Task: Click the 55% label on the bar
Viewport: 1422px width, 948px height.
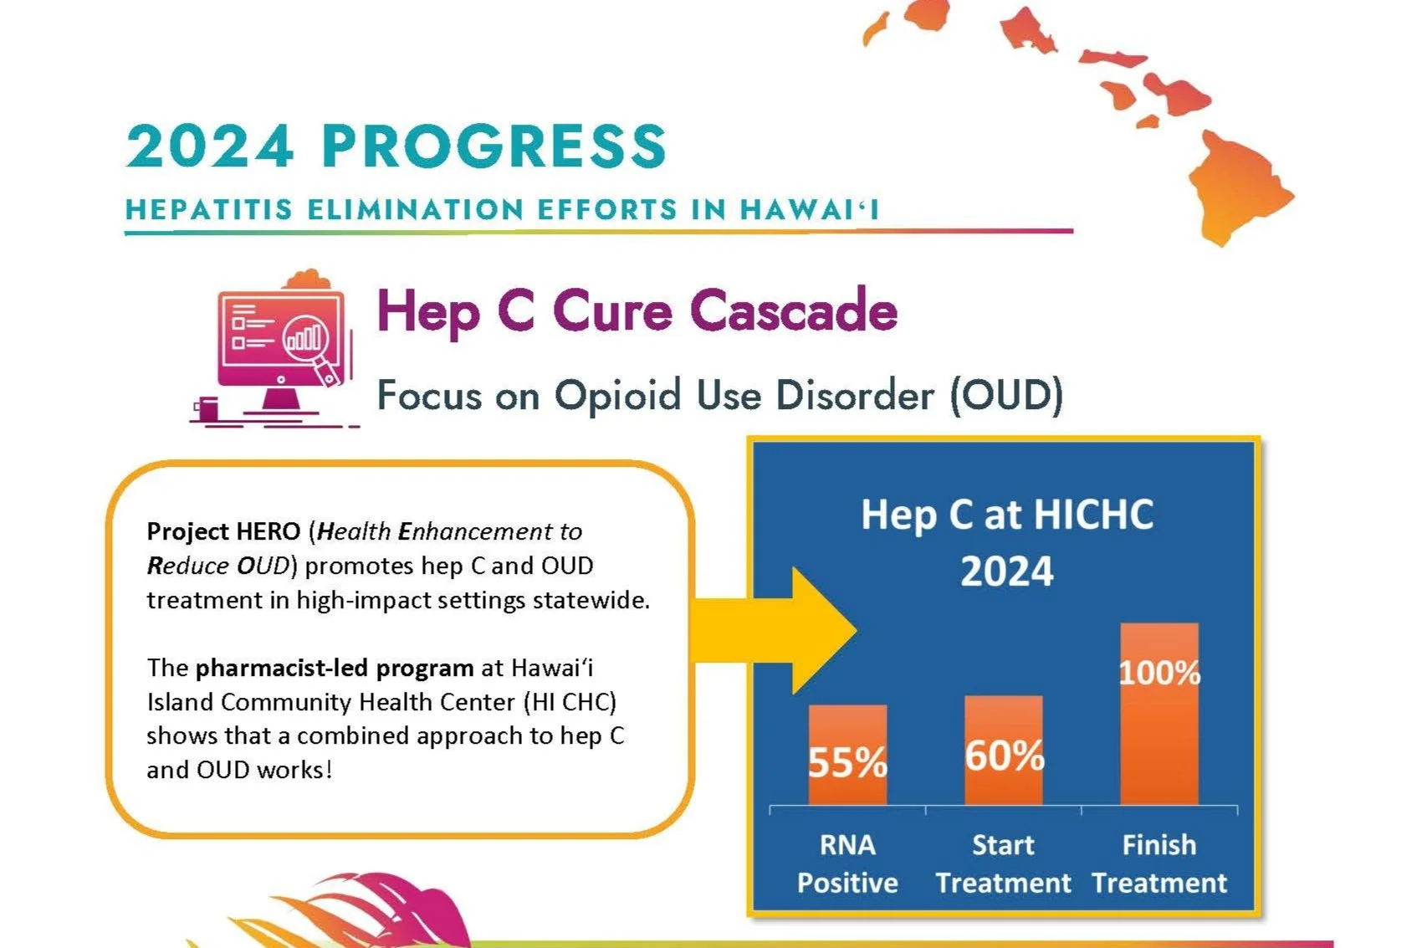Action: [847, 762]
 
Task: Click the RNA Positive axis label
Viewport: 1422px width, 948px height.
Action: [847, 863]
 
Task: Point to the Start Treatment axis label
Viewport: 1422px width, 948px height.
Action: [1003, 863]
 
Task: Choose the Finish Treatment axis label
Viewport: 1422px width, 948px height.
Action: [1159, 863]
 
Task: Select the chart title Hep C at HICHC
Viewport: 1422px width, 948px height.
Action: [1007, 514]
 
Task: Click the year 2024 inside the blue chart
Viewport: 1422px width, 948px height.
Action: [1007, 572]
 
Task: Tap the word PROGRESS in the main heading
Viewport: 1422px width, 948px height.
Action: [494, 146]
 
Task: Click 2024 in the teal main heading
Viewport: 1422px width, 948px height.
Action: [210, 146]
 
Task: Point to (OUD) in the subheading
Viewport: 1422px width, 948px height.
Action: [1006, 395]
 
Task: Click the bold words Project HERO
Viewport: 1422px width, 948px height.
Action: [223, 531]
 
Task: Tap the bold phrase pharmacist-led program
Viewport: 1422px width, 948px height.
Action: [335, 668]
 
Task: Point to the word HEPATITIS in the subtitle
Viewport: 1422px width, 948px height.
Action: [209, 209]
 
